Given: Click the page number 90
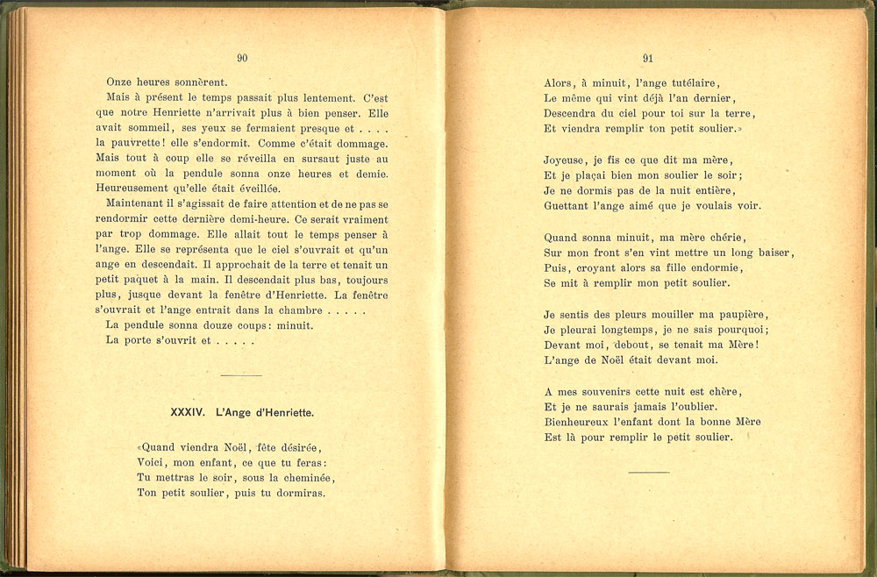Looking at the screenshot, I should [242, 59].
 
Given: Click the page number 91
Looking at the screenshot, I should [648, 59].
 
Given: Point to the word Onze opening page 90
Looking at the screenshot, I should [120, 82].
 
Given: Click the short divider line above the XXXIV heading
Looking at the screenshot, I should [242, 375].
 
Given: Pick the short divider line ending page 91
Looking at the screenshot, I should [649, 472].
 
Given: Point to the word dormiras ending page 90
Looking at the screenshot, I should [298, 493].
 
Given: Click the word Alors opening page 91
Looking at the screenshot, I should [559, 82].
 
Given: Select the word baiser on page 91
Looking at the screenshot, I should [774, 253].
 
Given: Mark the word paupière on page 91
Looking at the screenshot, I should [742, 314].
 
